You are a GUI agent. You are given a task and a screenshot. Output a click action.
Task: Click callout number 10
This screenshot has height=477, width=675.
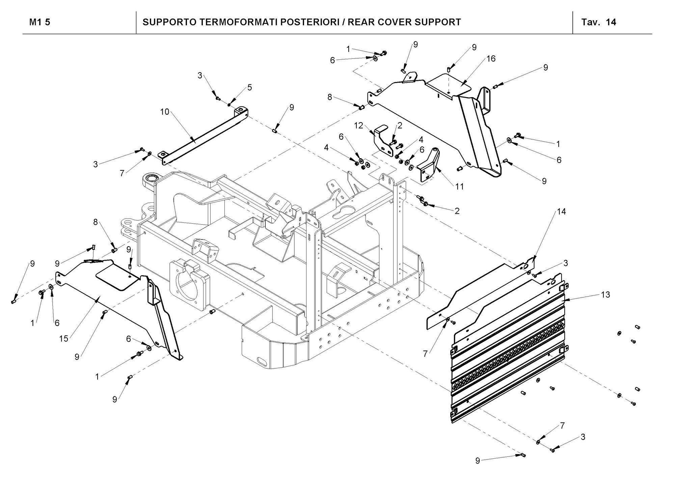pos(164,112)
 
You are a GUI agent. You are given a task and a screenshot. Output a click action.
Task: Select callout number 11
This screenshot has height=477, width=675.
pos(459,186)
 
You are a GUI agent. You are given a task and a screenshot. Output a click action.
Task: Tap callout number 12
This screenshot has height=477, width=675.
pos(359,126)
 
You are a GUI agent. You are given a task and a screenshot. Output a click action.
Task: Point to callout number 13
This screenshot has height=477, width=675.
pos(606,294)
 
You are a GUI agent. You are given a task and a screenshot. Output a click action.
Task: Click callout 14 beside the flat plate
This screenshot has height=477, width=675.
pos(562,212)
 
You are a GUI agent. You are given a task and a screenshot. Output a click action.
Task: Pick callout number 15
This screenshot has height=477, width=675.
pos(64,338)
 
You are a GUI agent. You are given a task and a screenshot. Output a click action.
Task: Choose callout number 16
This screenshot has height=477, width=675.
pos(491,59)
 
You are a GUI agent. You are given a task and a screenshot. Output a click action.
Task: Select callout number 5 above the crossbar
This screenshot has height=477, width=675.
pos(249,87)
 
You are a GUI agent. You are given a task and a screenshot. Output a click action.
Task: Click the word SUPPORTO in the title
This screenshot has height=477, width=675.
pos(169,22)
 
